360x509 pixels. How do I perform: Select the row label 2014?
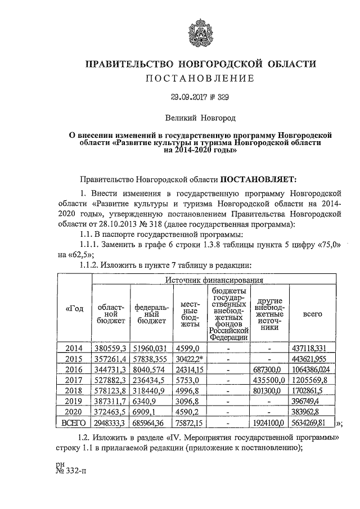click(x=75, y=348)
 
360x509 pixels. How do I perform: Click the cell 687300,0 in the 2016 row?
click(x=270, y=370)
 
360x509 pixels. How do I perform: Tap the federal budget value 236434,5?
click(x=150, y=380)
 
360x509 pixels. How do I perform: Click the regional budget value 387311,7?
click(x=111, y=402)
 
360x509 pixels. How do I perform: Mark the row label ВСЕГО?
click(x=75, y=423)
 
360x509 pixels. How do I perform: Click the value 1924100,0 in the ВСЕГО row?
click(x=270, y=423)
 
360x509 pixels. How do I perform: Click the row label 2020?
click(x=75, y=412)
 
